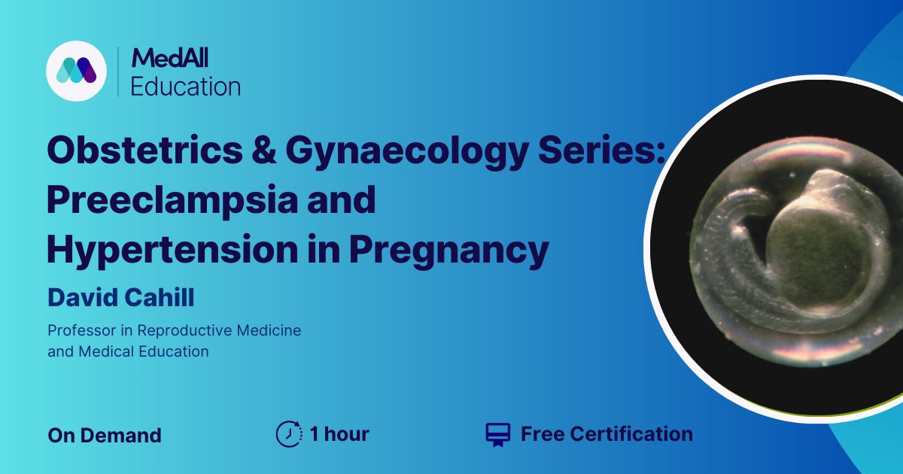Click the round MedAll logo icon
point(76,71)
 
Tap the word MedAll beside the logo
point(170,58)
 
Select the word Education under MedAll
point(186,87)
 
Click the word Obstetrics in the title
point(144,150)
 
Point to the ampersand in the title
point(264,150)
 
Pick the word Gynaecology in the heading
point(407,152)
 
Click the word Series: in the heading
point(601,150)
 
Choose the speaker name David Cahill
point(121,297)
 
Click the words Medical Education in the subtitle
point(144,351)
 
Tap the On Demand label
point(105,436)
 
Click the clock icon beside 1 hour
point(289,434)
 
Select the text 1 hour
point(339,434)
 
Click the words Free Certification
point(607,434)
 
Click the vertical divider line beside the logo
point(117,71)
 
